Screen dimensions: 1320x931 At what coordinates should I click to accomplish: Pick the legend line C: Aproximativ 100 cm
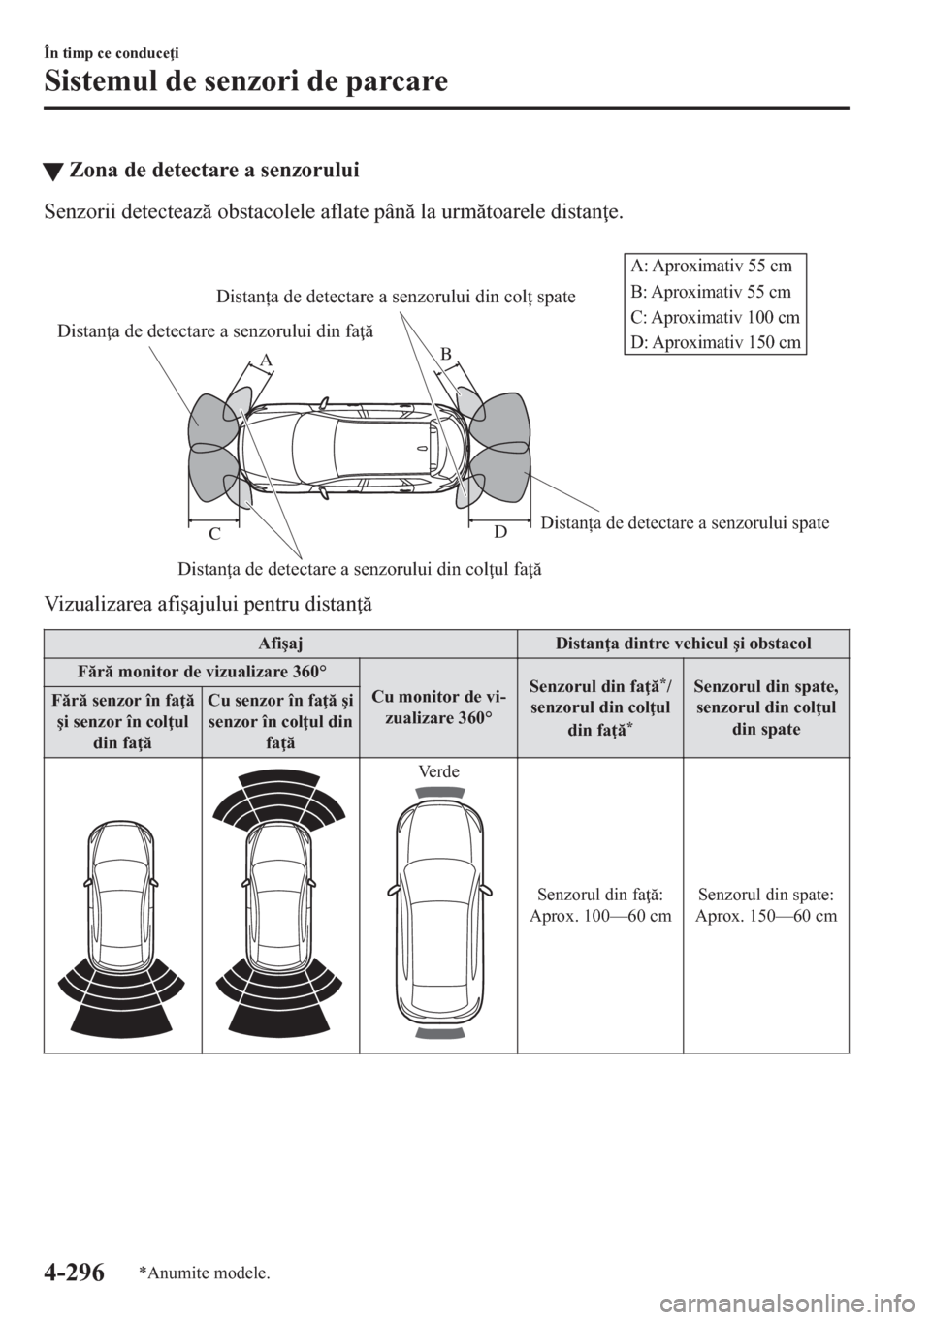tap(713, 317)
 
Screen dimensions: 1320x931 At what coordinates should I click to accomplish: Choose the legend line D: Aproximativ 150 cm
tap(713, 342)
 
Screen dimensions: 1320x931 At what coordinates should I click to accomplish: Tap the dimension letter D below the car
tap(499, 531)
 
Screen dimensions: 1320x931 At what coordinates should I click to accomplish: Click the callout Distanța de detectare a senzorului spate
tap(684, 523)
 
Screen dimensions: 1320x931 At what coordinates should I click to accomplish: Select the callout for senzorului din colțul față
tap(359, 567)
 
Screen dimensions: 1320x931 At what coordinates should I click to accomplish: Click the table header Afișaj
tap(280, 643)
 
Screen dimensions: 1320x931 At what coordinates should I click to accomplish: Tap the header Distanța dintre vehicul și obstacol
tap(683, 643)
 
